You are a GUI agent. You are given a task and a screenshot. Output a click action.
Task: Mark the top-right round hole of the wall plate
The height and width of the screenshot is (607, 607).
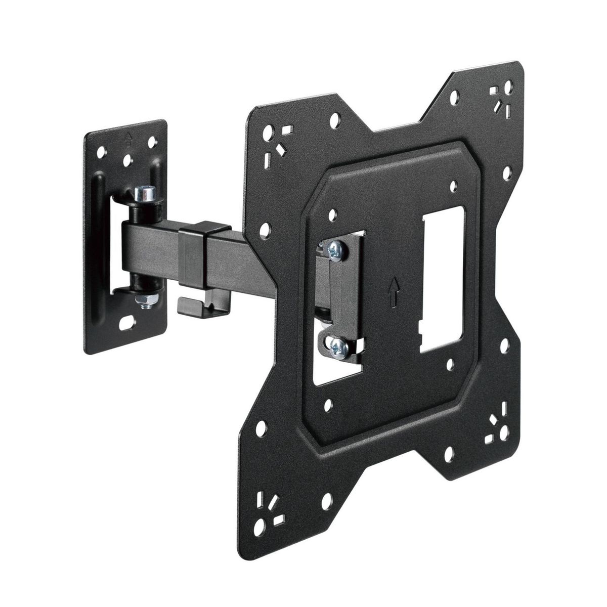151,144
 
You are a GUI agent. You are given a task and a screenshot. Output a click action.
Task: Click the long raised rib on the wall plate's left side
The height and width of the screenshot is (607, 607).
97,223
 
